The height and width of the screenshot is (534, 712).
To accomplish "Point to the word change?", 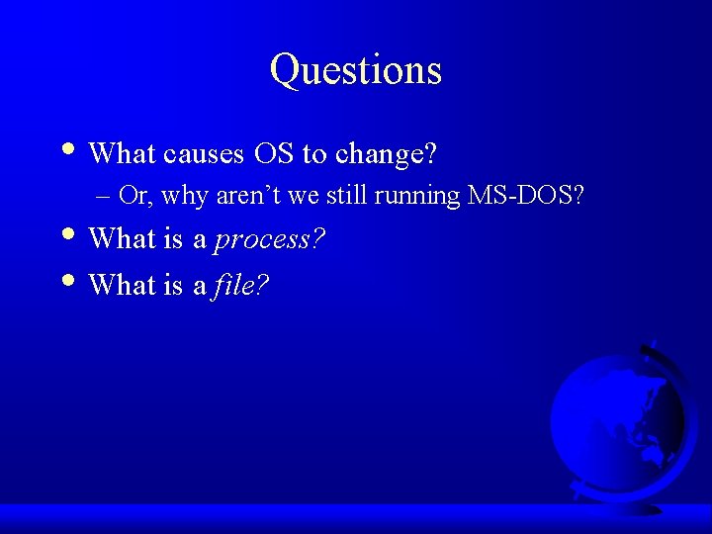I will point(387,154).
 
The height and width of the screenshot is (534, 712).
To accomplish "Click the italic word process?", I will point(270,240).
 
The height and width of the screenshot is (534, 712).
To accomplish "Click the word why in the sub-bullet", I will point(184,196).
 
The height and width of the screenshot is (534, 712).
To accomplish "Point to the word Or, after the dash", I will point(134,196).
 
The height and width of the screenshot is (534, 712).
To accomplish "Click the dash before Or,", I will point(105,197).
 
